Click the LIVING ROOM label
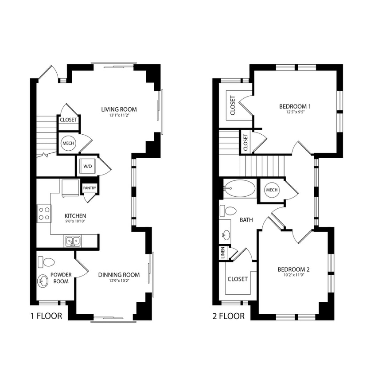[119, 109]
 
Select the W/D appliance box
[86, 166]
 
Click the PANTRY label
[90, 188]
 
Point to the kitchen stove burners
[44, 213]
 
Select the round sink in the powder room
[43, 281]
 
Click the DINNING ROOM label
[119, 275]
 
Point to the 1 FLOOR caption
[46, 316]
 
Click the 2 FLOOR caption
[229, 316]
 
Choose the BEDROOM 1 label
[295, 106]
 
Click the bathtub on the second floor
[240, 189]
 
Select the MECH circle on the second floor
[272, 190]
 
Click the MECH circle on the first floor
[68, 143]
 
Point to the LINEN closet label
[223, 253]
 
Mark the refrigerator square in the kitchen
[70, 188]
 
